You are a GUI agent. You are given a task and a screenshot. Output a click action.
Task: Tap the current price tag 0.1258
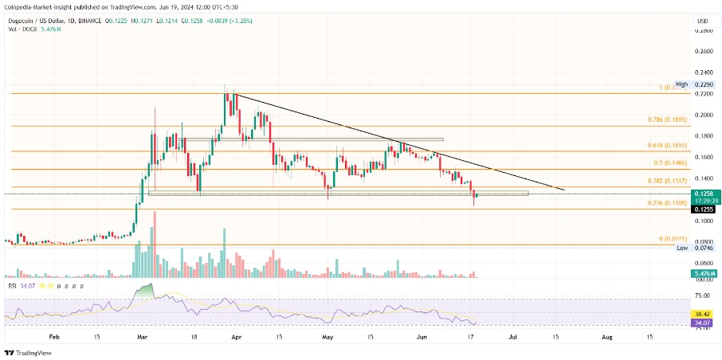point(703,194)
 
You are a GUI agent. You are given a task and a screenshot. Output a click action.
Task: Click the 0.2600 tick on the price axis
point(703,51)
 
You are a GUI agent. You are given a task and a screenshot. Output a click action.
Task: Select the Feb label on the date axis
point(53,337)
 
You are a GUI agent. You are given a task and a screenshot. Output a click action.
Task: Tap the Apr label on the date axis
point(236,337)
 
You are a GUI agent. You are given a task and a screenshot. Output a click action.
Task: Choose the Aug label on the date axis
point(606,337)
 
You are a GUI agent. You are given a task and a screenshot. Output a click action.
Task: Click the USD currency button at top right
point(702,21)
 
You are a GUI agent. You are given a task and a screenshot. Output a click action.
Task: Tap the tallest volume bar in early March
point(153,244)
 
